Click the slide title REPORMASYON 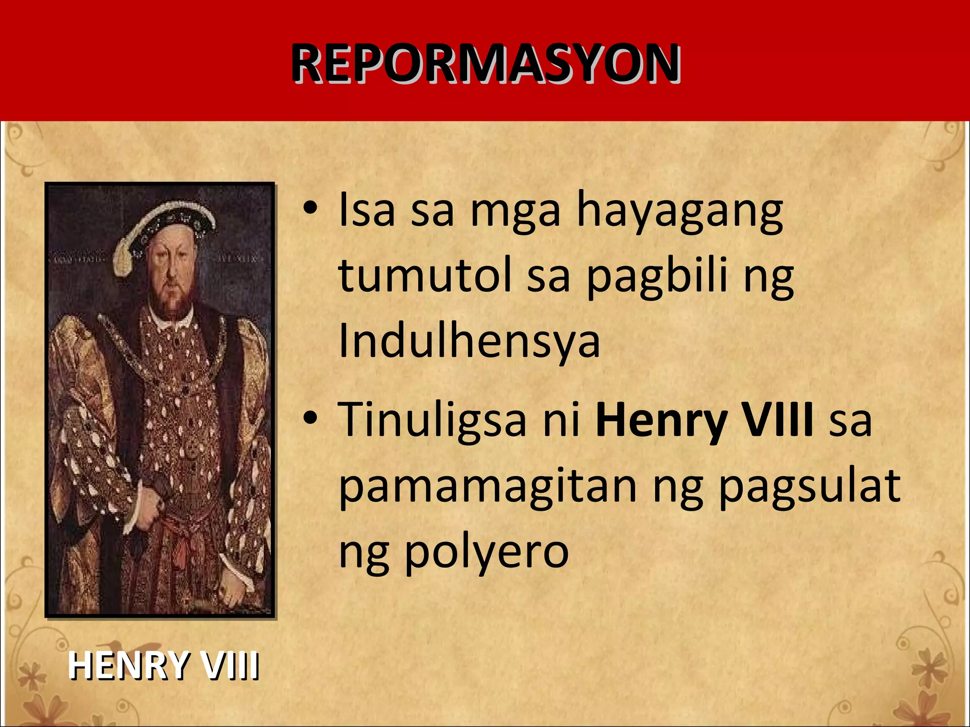[485, 63]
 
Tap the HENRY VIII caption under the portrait [163, 665]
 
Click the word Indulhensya [469, 341]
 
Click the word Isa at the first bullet [367, 211]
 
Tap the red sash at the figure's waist [182, 540]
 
